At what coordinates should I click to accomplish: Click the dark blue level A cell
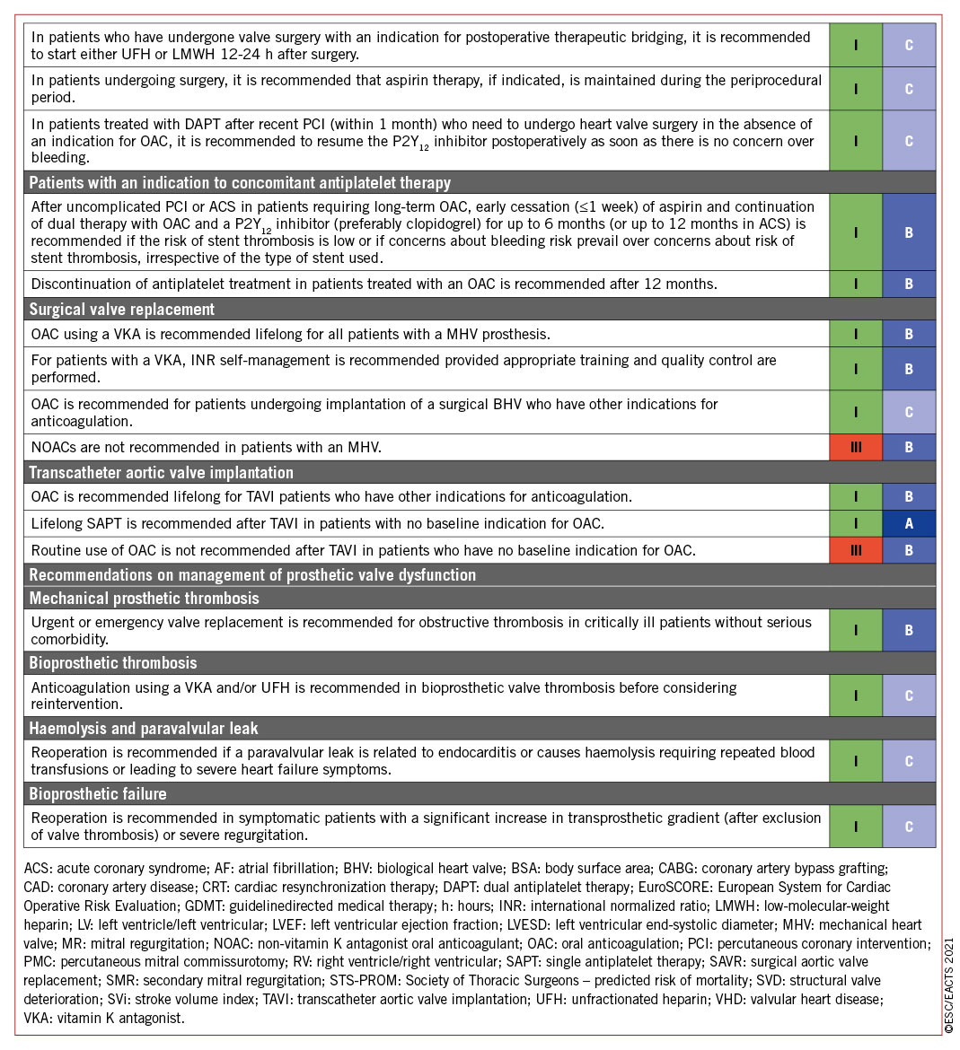pyautogui.click(x=909, y=523)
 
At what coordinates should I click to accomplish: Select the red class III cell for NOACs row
pyautogui.click(x=855, y=447)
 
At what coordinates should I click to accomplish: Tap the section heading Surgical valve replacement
pyautogui.click(x=122, y=310)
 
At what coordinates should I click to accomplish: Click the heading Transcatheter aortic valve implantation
pyautogui.click(x=162, y=473)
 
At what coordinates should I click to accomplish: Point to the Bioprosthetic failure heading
pyautogui.click(x=98, y=794)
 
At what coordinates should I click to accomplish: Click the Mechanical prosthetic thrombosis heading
pyautogui.click(x=144, y=599)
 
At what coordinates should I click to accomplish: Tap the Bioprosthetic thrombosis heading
pyautogui.click(x=113, y=663)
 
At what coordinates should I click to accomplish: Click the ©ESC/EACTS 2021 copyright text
pyautogui.click(x=949, y=987)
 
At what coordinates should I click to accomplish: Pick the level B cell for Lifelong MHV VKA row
pyautogui.click(x=909, y=335)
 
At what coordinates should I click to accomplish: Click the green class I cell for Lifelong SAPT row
pyautogui.click(x=855, y=523)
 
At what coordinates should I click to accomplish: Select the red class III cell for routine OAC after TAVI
pyautogui.click(x=855, y=550)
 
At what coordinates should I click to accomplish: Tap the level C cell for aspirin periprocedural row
pyautogui.click(x=909, y=89)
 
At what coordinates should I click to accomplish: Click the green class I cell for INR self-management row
pyautogui.click(x=855, y=369)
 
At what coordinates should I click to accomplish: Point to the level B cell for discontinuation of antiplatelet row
pyautogui.click(x=909, y=284)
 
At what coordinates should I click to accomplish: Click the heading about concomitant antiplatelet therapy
pyautogui.click(x=240, y=183)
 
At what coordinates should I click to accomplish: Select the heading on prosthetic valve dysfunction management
pyautogui.click(x=252, y=575)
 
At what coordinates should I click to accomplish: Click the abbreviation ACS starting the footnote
pyautogui.click(x=39, y=869)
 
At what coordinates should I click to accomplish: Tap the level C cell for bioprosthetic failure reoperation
pyautogui.click(x=909, y=827)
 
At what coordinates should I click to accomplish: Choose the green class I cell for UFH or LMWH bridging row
pyautogui.click(x=855, y=45)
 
